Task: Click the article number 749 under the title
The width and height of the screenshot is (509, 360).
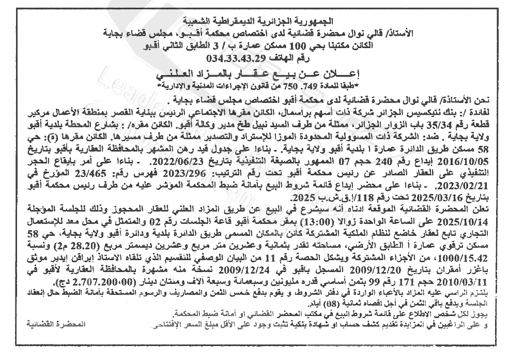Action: pyautogui.click(x=310, y=84)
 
